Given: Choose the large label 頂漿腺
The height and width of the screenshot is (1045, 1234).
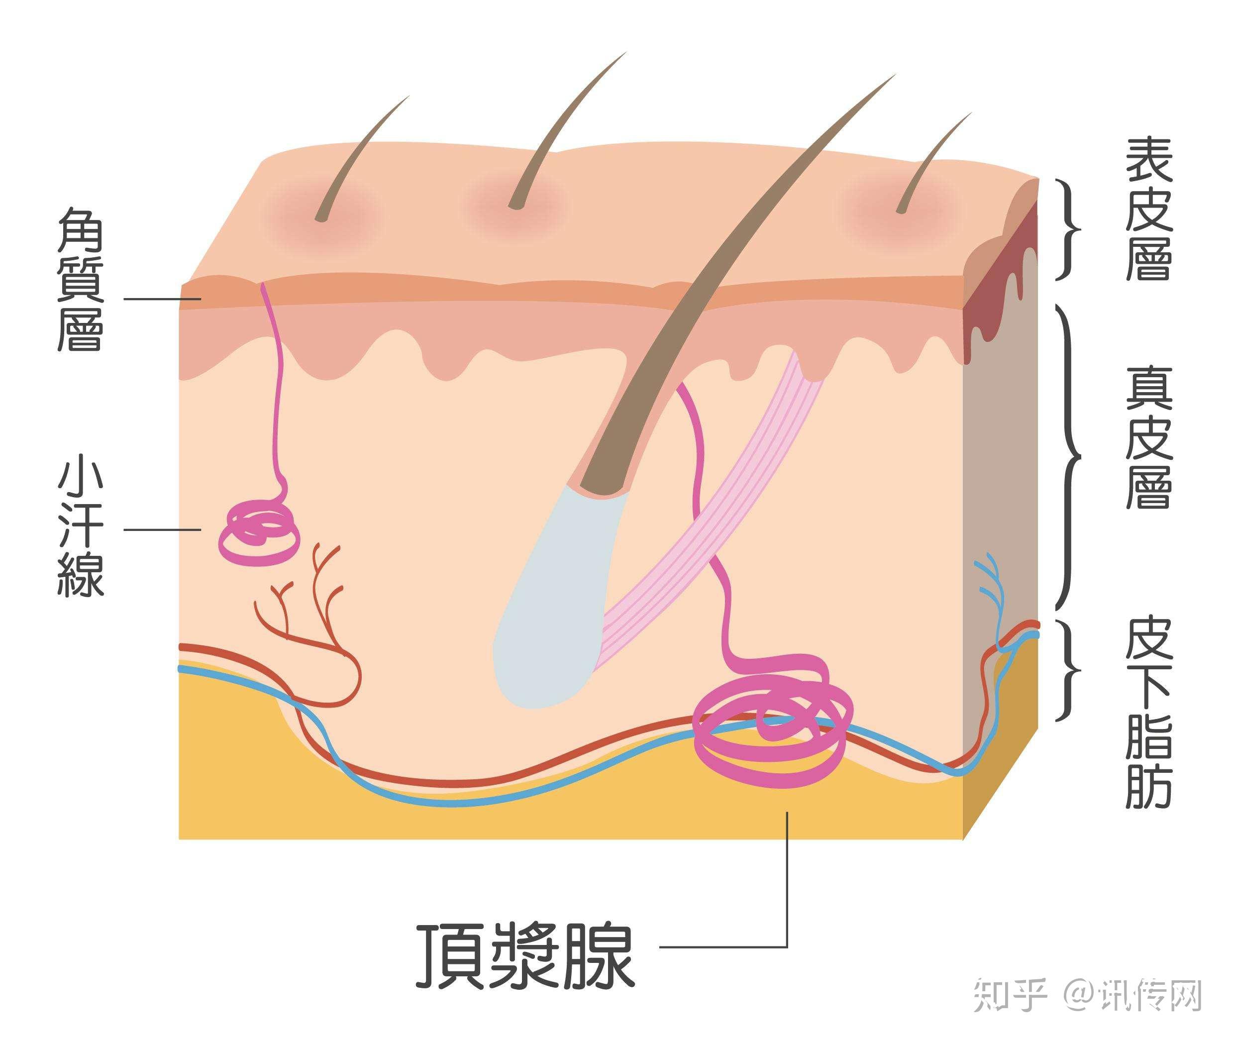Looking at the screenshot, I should click(x=525, y=963).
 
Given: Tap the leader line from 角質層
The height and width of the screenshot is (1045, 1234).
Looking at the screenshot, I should click(x=161, y=299).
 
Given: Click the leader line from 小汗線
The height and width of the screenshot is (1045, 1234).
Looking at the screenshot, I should click(x=161, y=529).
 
